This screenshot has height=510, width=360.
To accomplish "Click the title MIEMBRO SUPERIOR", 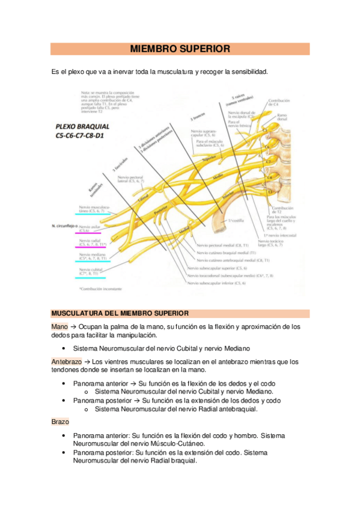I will (180, 49).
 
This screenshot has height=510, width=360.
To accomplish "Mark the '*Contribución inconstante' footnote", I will (101, 289).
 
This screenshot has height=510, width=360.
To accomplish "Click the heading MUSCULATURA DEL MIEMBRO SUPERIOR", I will (120, 313).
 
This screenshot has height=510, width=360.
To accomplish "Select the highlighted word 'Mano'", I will (59, 327).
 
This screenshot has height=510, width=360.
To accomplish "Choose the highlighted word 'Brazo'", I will (60, 422).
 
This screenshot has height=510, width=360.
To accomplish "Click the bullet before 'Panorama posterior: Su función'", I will (63, 452).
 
